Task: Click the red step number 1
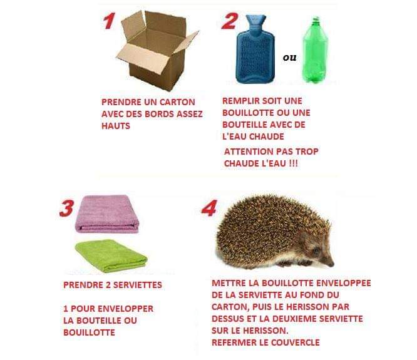(110, 21)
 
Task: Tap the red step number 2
(230, 21)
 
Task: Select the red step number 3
(66, 208)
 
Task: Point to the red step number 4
(209, 208)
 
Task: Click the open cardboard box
(157, 51)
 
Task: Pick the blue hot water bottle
(255, 49)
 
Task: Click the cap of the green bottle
(316, 19)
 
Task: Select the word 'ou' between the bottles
(289, 58)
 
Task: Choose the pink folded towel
(107, 214)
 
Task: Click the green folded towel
(111, 256)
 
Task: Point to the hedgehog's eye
(316, 250)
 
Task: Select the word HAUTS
(116, 126)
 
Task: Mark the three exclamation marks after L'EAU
(293, 163)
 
